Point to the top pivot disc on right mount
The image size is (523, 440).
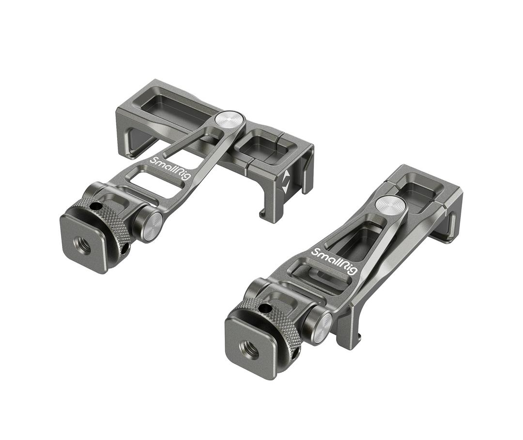click(x=390, y=204)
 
